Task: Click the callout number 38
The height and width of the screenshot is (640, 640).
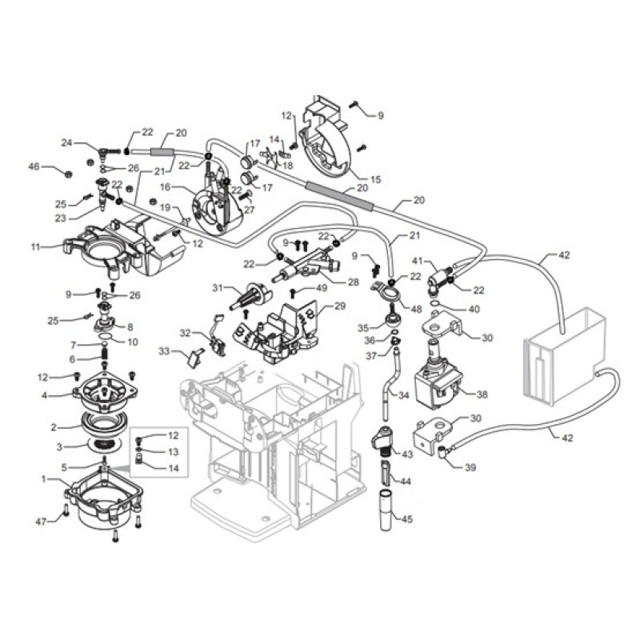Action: [x=482, y=394]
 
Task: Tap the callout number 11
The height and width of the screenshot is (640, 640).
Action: [x=34, y=247]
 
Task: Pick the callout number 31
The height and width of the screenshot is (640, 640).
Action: [x=216, y=288]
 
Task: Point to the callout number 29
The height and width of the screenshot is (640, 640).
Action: [x=339, y=306]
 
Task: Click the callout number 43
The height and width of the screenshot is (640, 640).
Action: [x=407, y=454]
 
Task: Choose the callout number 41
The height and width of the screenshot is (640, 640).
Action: [x=417, y=260]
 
